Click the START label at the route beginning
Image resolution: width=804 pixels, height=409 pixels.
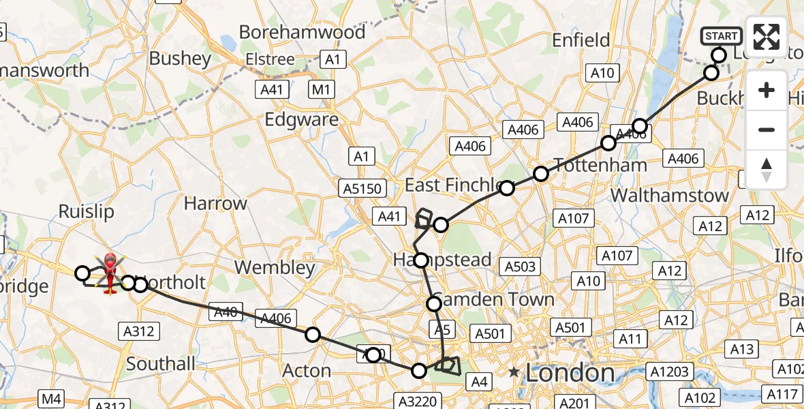click(721, 36)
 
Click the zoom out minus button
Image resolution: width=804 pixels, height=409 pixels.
click(767, 130)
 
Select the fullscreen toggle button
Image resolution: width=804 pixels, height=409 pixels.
click(767, 37)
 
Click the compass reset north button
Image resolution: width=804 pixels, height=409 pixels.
click(767, 169)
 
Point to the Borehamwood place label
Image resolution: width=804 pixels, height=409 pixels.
click(302, 32)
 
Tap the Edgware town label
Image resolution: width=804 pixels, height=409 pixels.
click(301, 119)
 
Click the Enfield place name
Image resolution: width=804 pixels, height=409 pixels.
click(581, 40)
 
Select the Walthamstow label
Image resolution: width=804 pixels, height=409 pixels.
click(669, 196)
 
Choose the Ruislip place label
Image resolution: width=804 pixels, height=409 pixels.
click(86, 211)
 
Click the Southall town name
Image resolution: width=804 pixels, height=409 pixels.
click(161, 364)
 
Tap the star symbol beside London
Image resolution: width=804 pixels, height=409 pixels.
click(514, 373)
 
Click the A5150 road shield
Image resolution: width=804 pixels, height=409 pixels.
click(363, 187)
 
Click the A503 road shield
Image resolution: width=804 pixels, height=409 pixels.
click(520, 266)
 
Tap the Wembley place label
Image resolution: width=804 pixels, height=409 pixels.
click(276, 267)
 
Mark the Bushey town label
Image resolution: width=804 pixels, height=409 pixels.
click(180, 59)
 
